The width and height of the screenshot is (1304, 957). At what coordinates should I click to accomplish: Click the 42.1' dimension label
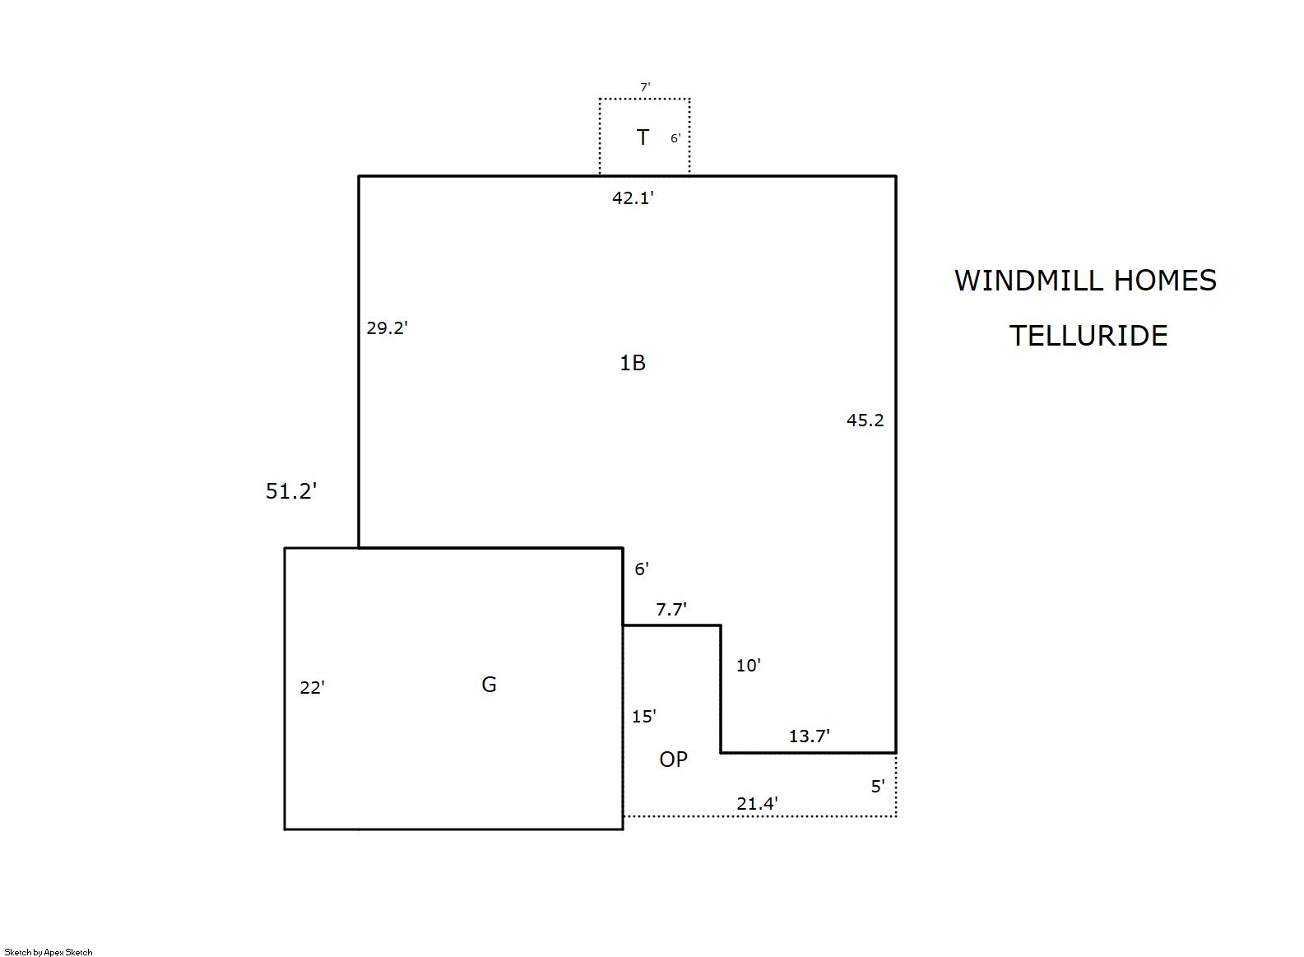pos(633,198)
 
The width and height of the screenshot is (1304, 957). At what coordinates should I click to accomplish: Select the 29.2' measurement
pos(387,328)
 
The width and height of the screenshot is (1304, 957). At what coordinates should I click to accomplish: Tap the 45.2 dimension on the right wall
pos(865,420)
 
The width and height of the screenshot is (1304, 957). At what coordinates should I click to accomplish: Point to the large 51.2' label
pos(291,490)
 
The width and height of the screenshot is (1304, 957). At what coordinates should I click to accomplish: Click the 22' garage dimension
pos(312,687)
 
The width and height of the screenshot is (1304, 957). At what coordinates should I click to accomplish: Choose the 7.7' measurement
pos(671,609)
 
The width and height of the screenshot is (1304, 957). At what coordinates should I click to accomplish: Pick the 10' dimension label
pos(749,665)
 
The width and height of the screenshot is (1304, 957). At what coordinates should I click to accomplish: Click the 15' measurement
pos(644,716)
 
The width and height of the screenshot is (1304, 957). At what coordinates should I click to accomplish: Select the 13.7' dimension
pos(810,736)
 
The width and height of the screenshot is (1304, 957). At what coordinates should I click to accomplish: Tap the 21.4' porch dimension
pos(758,803)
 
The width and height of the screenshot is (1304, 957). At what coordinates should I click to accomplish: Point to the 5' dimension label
pos(878,787)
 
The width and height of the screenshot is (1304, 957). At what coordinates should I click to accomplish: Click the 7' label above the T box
pos(645,87)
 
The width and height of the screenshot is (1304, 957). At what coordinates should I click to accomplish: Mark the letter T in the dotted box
pos(643,137)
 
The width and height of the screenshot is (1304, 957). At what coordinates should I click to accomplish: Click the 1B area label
pos(633,363)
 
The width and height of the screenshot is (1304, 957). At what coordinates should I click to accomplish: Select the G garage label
pos(489,685)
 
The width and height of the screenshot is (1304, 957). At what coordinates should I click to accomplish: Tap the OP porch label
pos(674,759)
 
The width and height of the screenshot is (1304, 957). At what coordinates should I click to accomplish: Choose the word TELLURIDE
pos(1088,336)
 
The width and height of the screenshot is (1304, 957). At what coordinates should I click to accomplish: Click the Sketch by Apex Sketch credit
pos(49,952)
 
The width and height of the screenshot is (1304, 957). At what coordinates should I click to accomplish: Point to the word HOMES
pos(1166,281)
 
